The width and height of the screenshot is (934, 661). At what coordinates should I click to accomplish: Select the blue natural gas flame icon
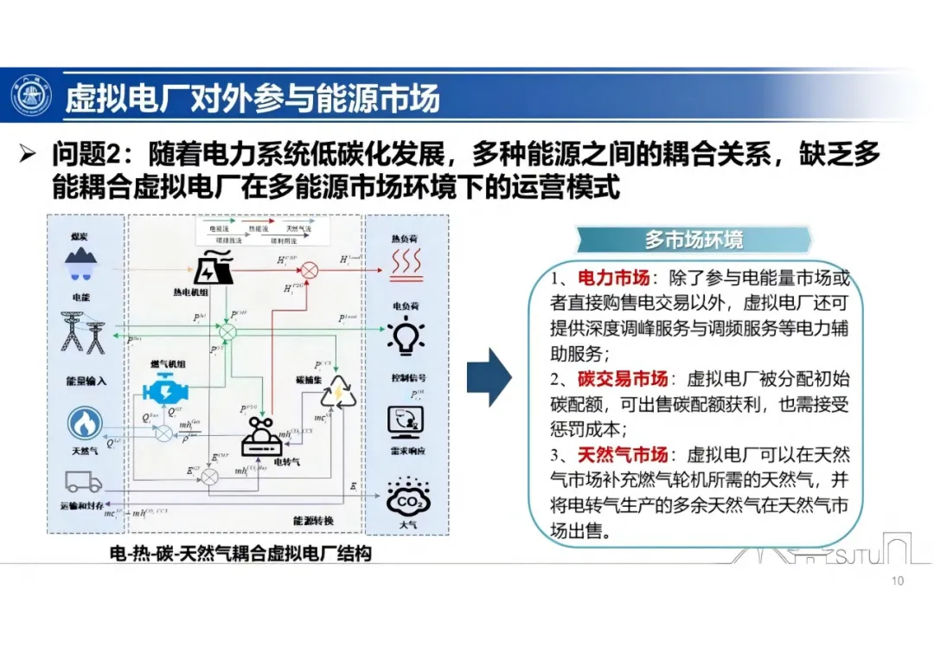tap(85, 424)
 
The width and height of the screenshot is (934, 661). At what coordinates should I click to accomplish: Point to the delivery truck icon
tap(83, 483)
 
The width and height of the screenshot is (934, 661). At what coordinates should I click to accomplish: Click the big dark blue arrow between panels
tap(489, 377)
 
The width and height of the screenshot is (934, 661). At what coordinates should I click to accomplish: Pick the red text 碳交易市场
tap(623, 379)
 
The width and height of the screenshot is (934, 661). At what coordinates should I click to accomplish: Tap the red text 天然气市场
tap(623, 454)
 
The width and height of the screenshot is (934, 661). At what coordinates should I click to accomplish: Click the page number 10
tap(897, 581)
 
